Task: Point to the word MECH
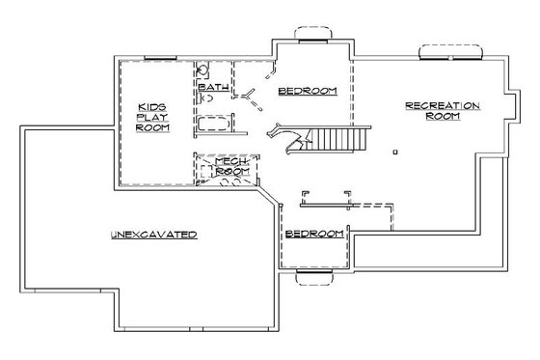[229, 159]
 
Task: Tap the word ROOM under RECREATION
[443, 116]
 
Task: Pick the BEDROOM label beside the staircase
[307, 91]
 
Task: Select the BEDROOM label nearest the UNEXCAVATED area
[314, 235]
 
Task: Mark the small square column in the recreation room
[396, 152]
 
